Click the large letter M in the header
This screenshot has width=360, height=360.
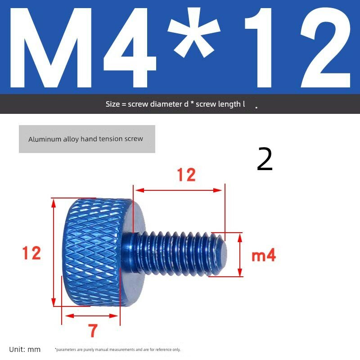tap(51, 48)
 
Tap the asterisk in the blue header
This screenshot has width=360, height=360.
tap(194, 32)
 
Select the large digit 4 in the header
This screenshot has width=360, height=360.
tap(130, 48)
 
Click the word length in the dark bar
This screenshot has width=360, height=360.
tap(229, 104)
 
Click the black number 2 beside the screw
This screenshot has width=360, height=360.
tap(265, 159)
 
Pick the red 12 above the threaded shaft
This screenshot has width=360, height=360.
tap(186, 175)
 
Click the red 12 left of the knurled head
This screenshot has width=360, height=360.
tap(31, 253)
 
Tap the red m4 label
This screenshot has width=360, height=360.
tap(264, 255)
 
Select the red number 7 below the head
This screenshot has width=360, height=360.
tap(93, 330)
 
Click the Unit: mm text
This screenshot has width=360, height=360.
tap(25, 350)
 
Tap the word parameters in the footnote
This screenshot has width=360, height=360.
tap(66, 350)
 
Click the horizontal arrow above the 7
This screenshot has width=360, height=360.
tap(92, 316)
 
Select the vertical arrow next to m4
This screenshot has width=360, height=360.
tap(240, 255)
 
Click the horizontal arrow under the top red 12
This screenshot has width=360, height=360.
tap(179, 190)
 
